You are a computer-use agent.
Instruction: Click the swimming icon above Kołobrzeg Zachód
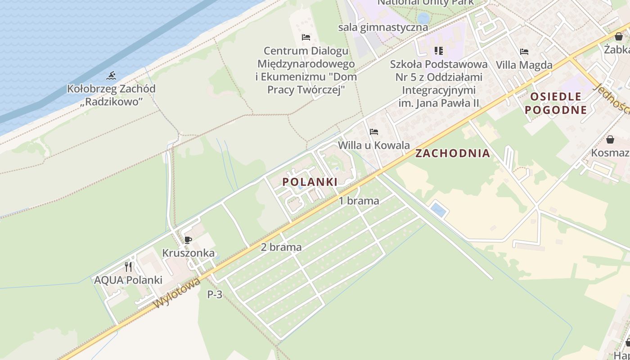[x=111, y=75]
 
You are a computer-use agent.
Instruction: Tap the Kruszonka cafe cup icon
[x=188, y=240]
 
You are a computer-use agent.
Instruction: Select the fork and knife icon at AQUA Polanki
[x=129, y=267]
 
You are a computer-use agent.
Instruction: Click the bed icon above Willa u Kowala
[x=373, y=132]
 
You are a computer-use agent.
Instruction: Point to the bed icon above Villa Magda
[x=524, y=52]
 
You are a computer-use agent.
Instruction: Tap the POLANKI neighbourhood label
[x=310, y=182]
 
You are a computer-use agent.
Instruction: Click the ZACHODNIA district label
[x=452, y=153]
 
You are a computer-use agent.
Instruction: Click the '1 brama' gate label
[x=359, y=201]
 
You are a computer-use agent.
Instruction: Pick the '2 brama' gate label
[x=281, y=247]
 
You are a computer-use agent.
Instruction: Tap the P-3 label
[x=215, y=295]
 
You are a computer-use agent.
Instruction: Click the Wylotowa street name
[x=177, y=293]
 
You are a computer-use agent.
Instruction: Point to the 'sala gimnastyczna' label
[x=383, y=27]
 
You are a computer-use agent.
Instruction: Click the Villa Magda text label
[x=524, y=65]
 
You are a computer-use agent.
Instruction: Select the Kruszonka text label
[x=188, y=253]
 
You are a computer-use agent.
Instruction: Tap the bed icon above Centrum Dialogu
[x=306, y=37]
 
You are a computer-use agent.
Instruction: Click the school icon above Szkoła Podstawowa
[x=438, y=51]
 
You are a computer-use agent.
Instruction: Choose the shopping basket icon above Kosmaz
[x=610, y=139]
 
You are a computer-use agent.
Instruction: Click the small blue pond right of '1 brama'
[x=438, y=210]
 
